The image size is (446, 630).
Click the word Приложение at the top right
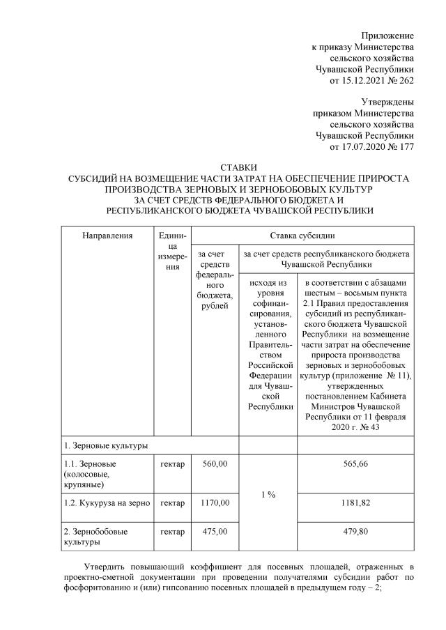(387, 35)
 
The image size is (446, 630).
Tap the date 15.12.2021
(362, 81)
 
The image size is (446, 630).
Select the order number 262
(406, 81)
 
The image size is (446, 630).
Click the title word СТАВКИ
(238, 168)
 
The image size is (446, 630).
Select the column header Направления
(107, 236)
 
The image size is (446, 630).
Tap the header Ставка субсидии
(303, 236)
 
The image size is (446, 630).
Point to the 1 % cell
(268, 494)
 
